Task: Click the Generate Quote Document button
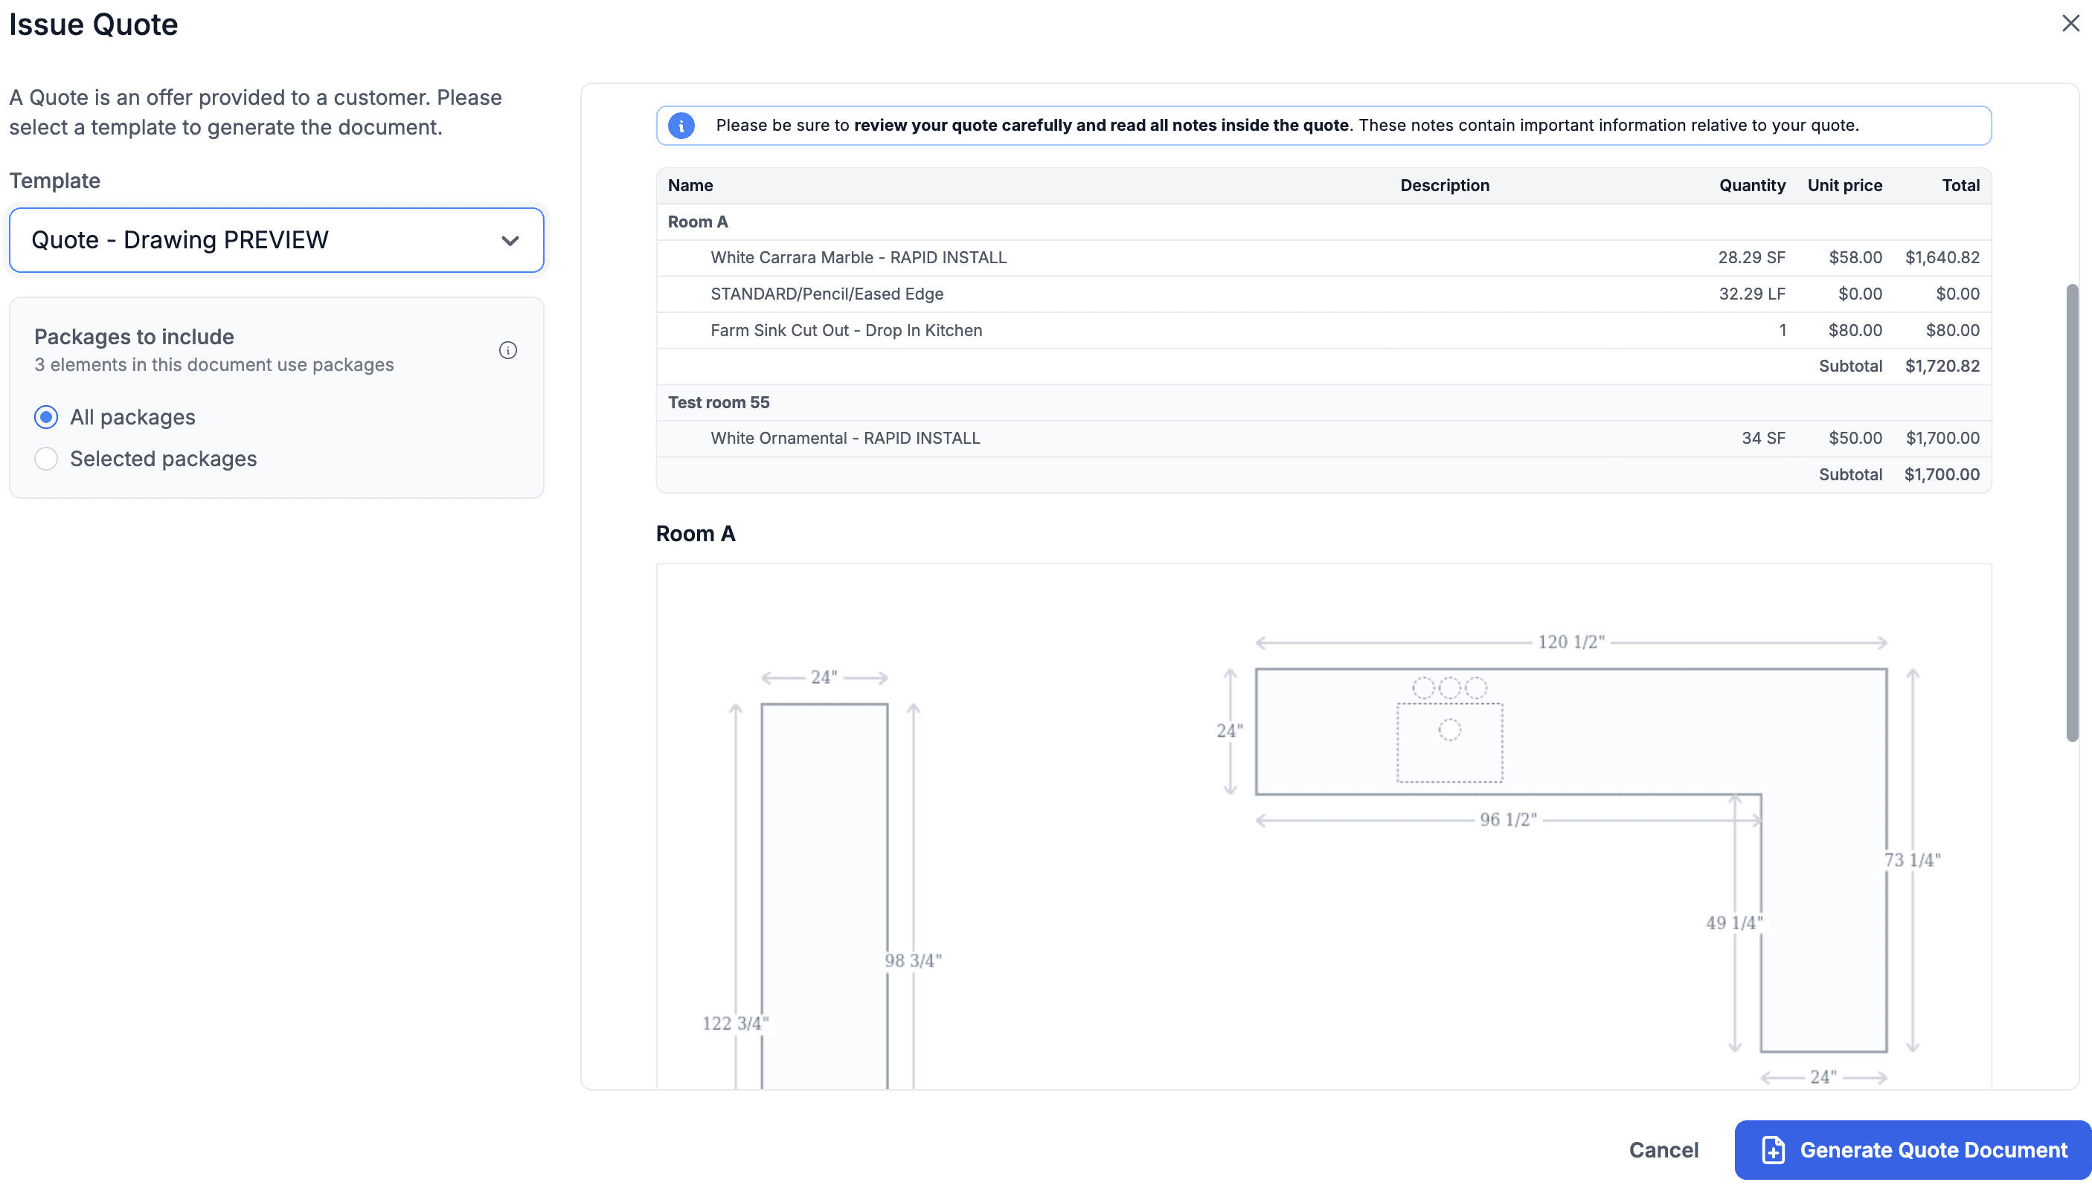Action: pyautogui.click(x=1912, y=1149)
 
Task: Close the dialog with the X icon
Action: pyautogui.click(x=2070, y=24)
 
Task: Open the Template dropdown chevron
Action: pyautogui.click(x=510, y=241)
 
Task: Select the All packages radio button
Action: pyautogui.click(x=46, y=418)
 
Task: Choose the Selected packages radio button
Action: pyautogui.click(x=46, y=459)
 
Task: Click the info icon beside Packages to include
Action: pyautogui.click(x=507, y=351)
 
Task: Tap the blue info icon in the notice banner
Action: pyautogui.click(x=681, y=126)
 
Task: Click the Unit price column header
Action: pyautogui.click(x=1844, y=186)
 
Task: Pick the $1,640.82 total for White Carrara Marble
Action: pyautogui.click(x=1942, y=258)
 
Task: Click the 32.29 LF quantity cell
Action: pyautogui.click(x=1751, y=294)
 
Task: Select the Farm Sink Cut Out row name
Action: pyautogui.click(x=845, y=330)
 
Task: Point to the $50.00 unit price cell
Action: pyautogui.click(x=1854, y=439)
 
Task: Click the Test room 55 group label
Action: pyautogui.click(x=718, y=402)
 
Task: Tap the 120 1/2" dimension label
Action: pyautogui.click(x=1570, y=642)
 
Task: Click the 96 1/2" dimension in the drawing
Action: pyautogui.click(x=1507, y=819)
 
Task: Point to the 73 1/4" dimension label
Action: pyautogui.click(x=1911, y=860)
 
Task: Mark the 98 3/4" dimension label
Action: pyautogui.click(x=912, y=960)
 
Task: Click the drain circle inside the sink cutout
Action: pyautogui.click(x=1448, y=730)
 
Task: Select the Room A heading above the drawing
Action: pyautogui.click(x=695, y=534)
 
